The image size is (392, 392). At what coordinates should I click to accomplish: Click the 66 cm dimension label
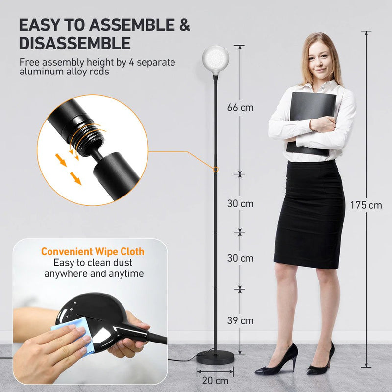pos(240,107)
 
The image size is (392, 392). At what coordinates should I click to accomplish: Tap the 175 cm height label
pos(366,205)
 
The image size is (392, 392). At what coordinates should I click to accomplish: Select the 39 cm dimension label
pos(240,321)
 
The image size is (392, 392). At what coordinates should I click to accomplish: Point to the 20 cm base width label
pos(216,380)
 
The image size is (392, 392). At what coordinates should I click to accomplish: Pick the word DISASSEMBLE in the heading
pos(75,43)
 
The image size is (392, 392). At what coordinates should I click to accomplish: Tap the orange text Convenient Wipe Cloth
pos(93,252)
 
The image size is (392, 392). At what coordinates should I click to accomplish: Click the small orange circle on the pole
pos(215,169)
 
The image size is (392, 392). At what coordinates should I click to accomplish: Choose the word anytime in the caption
pos(126,274)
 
